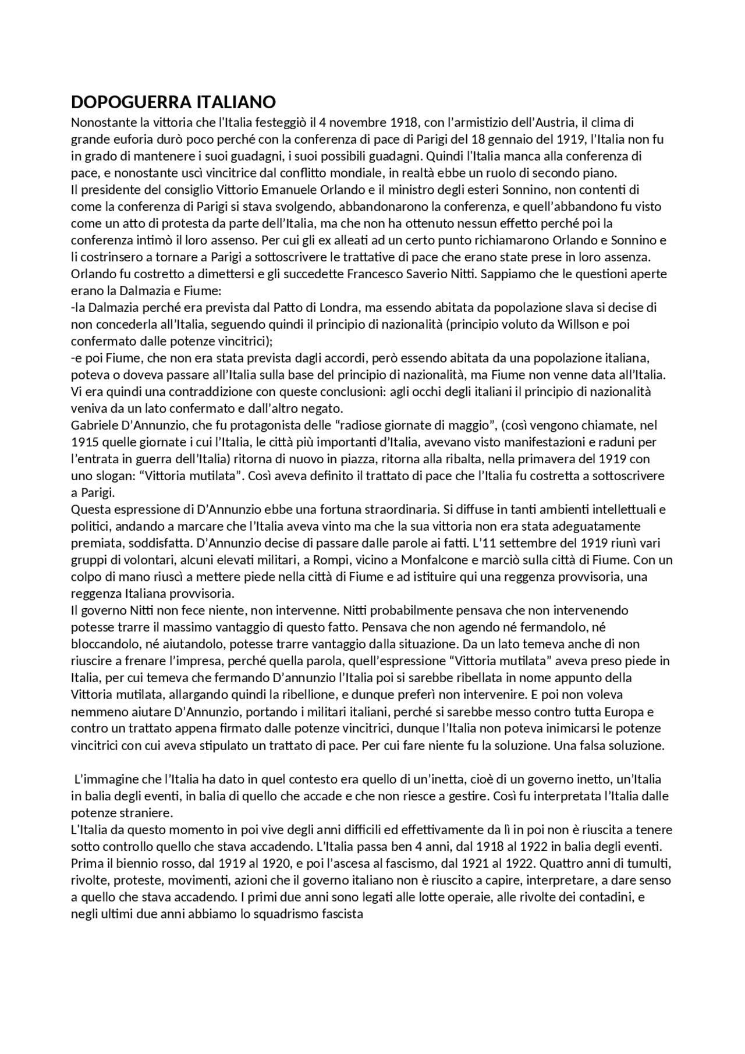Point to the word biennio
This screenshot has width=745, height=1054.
[123, 863]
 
